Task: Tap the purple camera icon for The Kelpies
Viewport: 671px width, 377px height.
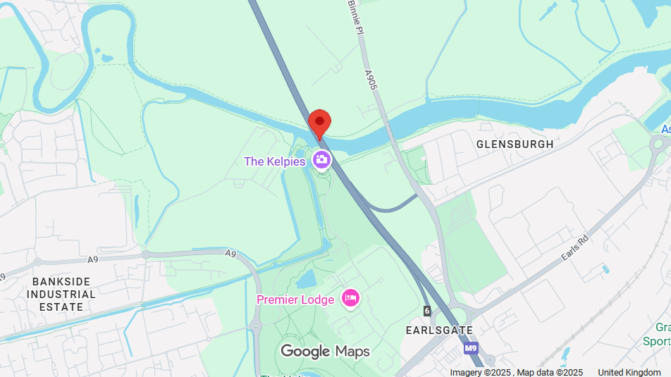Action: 322,160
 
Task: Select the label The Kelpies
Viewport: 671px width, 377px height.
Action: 274,161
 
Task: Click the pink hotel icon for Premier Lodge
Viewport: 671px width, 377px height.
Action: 350,299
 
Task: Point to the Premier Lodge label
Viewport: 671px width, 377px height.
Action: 295,299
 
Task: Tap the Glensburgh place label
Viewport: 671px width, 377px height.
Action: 515,144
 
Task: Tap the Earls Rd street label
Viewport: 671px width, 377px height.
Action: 574,249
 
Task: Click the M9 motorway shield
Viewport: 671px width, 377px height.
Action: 472,348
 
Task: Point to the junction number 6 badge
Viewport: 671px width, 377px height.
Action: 427,311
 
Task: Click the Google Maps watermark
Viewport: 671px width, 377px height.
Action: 325,351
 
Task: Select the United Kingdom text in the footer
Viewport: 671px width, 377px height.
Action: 629,372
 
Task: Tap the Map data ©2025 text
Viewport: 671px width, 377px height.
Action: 550,372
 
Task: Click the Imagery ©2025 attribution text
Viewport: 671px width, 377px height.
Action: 481,372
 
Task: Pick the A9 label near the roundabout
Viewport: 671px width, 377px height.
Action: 230,253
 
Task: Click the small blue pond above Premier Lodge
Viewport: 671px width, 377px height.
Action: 307,280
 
